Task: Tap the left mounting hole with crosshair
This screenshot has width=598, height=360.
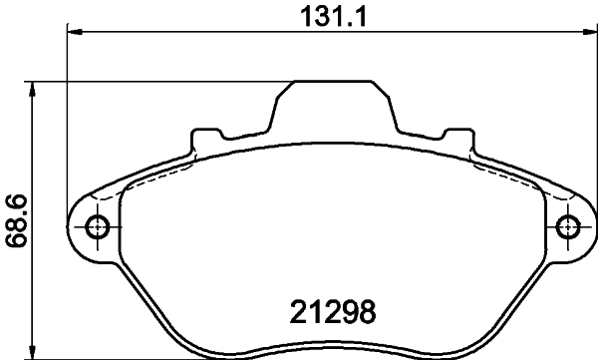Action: (x=97, y=226)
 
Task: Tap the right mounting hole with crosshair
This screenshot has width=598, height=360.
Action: (x=567, y=226)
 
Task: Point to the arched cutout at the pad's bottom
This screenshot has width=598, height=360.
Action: (x=332, y=346)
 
